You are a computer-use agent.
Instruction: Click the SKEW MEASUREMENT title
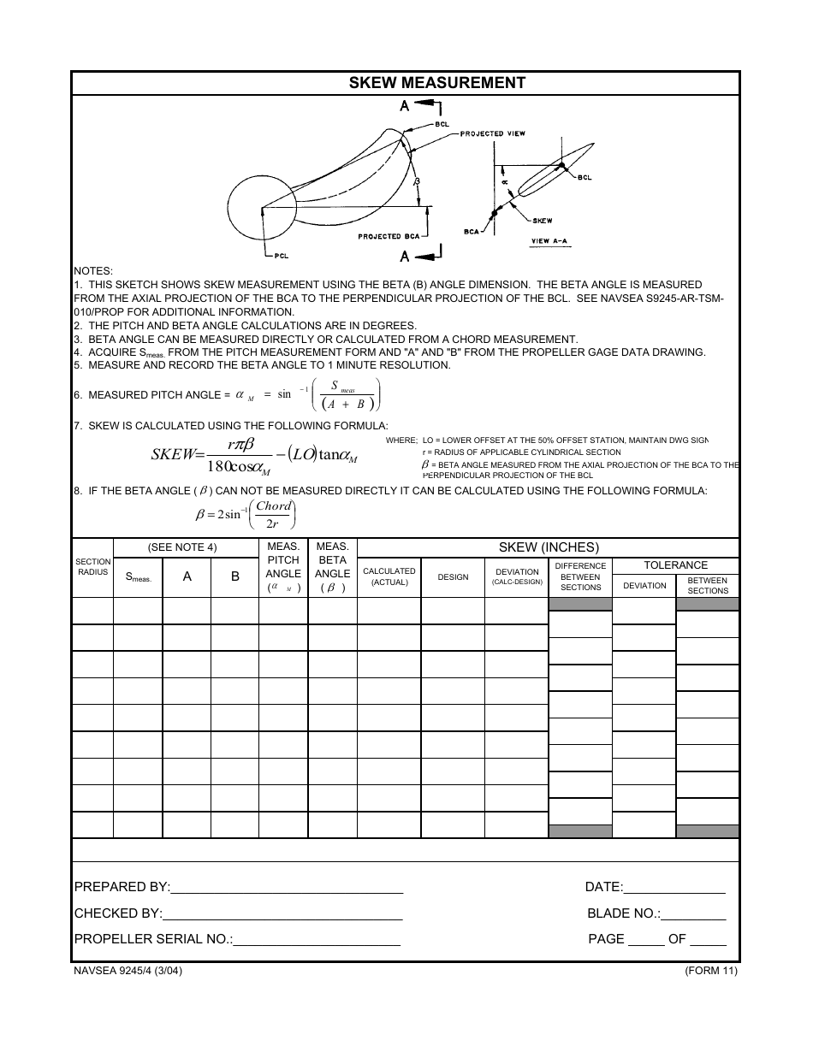tap(436, 83)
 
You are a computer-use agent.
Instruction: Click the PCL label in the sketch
tap(285, 255)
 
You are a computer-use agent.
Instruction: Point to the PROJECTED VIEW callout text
tap(494, 134)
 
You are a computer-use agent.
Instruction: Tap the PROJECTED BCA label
tap(389, 236)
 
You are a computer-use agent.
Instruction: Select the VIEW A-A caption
tap(549, 241)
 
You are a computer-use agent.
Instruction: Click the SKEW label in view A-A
tap(543, 221)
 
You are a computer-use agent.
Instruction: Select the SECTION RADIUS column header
tap(92, 567)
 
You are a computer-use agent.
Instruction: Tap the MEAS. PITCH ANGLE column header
tap(283, 567)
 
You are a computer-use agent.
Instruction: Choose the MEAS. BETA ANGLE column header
tap(332, 567)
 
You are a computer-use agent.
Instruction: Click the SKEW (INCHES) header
tap(549, 547)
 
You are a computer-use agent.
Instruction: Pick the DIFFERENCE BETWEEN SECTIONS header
tap(580, 576)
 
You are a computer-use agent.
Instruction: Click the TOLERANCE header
tap(676, 565)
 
